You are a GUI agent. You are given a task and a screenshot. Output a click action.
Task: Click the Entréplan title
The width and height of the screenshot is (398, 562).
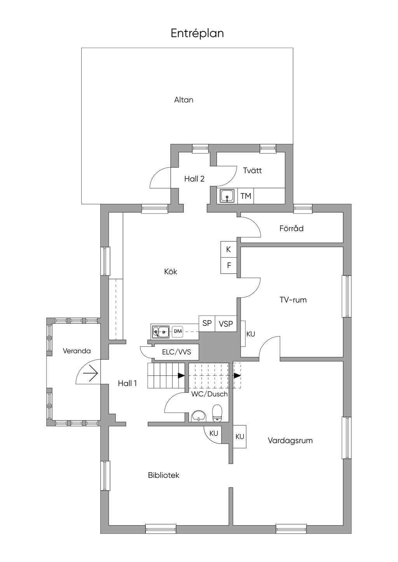[x=197, y=33]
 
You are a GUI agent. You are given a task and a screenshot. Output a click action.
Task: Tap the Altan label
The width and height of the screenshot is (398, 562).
[x=183, y=100]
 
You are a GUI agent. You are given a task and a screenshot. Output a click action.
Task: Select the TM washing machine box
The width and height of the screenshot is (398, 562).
[x=246, y=196]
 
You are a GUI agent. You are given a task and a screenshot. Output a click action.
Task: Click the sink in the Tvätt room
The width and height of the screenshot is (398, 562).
[x=228, y=196]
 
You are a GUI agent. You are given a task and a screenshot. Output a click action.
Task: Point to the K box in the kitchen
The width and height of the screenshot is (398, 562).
[x=229, y=249]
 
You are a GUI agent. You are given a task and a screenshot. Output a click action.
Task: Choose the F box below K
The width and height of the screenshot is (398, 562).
[x=229, y=265]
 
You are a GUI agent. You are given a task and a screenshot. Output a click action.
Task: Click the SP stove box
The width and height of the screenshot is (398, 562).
[x=207, y=323]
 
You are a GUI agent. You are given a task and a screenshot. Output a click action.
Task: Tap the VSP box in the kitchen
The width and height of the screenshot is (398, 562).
[x=226, y=323]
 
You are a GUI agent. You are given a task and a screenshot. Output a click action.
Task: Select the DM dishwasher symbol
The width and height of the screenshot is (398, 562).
[x=178, y=331]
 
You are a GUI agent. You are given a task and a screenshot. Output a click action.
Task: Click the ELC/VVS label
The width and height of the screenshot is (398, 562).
[x=176, y=352]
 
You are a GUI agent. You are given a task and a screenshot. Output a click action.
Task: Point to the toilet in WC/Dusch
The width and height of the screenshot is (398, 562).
[x=217, y=413]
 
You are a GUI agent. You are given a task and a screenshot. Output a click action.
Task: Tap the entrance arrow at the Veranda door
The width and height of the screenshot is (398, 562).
[x=90, y=374]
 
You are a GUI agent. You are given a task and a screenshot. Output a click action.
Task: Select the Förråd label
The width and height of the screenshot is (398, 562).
[x=291, y=228]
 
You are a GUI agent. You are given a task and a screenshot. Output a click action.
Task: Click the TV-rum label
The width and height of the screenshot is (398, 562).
[x=293, y=300]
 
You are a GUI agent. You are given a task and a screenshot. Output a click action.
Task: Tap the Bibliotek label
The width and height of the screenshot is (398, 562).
[x=163, y=475]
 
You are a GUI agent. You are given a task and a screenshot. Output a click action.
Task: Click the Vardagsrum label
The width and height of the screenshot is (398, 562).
[x=290, y=441]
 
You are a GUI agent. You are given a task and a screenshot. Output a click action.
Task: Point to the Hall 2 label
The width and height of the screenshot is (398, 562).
[x=194, y=179]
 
